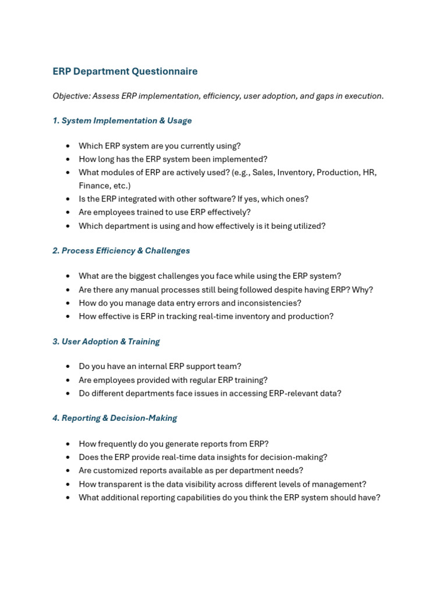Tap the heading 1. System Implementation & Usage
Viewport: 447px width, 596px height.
(122, 120)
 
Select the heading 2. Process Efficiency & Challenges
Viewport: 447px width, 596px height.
(121, 251)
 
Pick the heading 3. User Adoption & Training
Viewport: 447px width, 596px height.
(106, 342)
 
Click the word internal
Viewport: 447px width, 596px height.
(151, 367)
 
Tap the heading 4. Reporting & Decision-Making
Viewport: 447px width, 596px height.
(115, 418)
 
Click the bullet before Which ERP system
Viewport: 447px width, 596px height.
(68, 146)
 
